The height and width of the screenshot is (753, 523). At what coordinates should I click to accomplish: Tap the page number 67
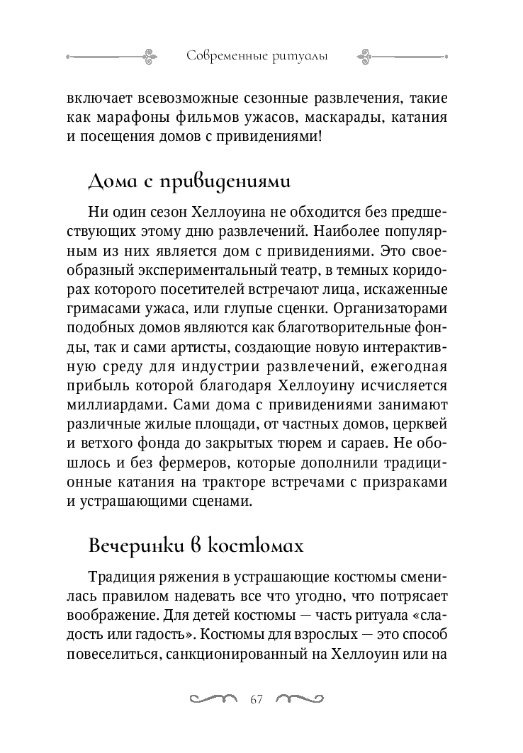pos(257,700)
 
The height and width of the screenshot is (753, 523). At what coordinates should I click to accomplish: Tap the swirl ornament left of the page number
pos(213,699)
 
